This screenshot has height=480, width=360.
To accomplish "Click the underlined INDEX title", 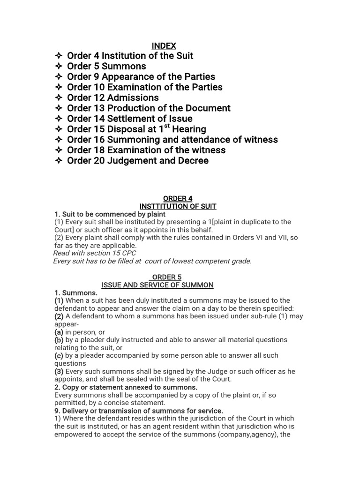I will [x=164, y=46].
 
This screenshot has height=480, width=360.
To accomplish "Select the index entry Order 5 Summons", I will [x=106, y=66].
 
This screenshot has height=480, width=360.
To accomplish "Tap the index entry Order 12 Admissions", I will [x=112, y=97].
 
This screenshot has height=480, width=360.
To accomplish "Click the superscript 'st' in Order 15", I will [x=166, y=126].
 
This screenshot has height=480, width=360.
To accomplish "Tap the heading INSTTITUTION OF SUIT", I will [x=178, y=206].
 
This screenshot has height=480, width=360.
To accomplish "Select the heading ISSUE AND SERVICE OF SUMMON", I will [x=157, y=285].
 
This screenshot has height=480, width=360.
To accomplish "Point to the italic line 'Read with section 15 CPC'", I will [x=95, y=253].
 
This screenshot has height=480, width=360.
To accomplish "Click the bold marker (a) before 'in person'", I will [x=59, y=332].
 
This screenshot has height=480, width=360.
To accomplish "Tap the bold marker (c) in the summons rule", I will [x=59, y=355].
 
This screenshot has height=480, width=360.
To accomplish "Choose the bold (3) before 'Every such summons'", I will [x=59, y=371].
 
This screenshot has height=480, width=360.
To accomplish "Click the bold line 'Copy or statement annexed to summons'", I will [x=126, y=387].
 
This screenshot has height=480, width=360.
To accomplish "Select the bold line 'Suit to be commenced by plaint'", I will [x=110, y=214].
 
